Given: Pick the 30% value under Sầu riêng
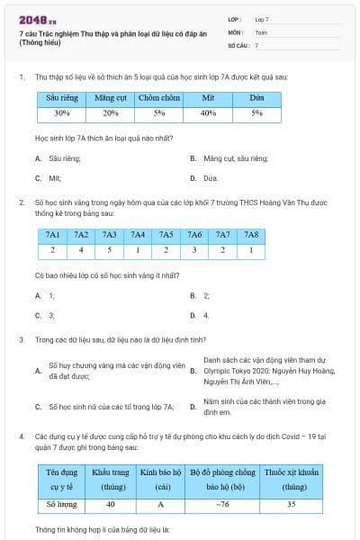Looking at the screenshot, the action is pyautogui.click(x=61, y=113).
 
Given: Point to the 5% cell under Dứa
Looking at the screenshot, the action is pyautogui.click(x=256, y=113).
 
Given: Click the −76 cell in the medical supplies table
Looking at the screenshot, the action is pyautogui.click(x=222, y=504).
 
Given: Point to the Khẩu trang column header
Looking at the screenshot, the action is pyautogui.click(x=111, y=479).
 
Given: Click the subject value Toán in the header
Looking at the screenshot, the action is pyautogui.click(x=261, y=31).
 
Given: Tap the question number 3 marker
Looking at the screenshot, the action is pyautogui.click(x=21, y=339).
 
